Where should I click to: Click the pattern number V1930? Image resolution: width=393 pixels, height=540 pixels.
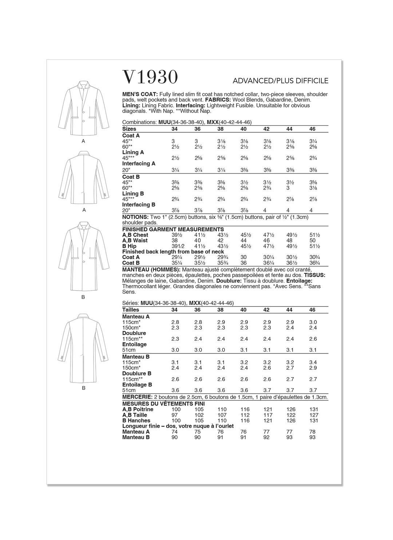[x=150, y=77]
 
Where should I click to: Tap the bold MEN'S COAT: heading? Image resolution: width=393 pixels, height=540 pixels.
[x=140, y=94]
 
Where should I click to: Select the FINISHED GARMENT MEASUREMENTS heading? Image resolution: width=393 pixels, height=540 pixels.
[x=173, y=229]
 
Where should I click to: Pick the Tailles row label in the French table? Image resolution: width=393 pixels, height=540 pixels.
[x=131, y=310]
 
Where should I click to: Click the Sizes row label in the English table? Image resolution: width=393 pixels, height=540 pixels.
[x=129, y=129]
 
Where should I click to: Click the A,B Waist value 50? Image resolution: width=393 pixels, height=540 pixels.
[x=313, y=241]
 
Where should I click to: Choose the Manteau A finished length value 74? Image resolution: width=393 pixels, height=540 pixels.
[x=175, y=432]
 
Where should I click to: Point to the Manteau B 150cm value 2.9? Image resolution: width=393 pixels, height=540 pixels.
[x=313, y=368]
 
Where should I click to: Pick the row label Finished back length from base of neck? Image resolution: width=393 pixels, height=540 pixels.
[x=173, y=252]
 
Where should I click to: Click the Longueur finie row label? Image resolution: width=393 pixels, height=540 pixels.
[x=178, y=426]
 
